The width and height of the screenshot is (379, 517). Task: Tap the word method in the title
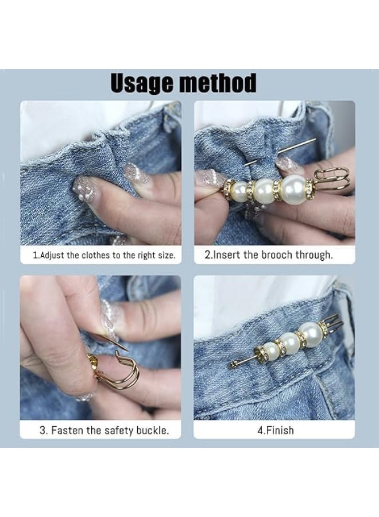[x=218, y=83]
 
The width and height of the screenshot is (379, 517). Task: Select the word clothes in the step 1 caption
[x=92, y=254]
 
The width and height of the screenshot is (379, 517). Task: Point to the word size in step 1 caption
[x=165, y=254]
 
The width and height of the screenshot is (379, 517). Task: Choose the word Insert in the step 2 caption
[x=227, y=254]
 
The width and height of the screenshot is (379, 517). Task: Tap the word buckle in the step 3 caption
[x=152, y=430]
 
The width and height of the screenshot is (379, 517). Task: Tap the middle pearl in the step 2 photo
[x=263, y=189]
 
